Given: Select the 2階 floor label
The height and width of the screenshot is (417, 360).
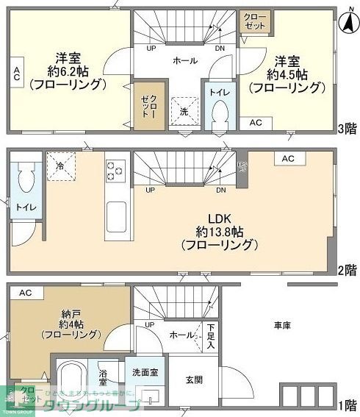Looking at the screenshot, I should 348,269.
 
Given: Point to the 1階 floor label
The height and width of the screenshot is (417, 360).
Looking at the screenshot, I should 348,405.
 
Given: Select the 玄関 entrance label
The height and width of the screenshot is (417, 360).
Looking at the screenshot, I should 194,379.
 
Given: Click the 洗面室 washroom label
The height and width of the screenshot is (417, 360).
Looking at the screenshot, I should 145,373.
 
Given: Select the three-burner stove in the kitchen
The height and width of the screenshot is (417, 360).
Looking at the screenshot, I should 116,171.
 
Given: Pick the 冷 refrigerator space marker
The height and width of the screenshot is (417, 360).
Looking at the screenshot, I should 60,165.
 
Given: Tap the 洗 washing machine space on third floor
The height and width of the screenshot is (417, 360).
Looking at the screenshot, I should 184,111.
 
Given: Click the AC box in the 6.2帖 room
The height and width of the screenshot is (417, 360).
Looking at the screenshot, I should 16,73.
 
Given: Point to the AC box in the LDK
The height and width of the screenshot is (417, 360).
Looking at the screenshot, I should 287,158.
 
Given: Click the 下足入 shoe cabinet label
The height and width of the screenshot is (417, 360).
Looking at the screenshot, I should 211,336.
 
